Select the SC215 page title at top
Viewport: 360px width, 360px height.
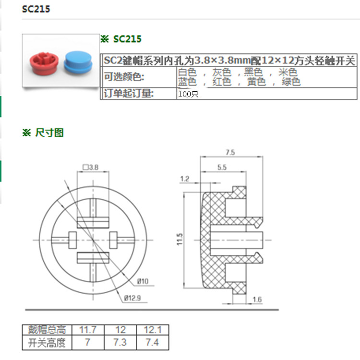coord(36,9)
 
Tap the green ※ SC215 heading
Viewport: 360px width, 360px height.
coord(121,39)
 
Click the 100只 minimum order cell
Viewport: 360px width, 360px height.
coord(188,94)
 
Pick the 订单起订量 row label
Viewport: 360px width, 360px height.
coord(129,94)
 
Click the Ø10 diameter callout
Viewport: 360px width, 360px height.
coord(143,280)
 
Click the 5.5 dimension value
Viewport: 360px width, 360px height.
coord(222,168)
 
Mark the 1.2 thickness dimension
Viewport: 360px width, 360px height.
coord(185,179)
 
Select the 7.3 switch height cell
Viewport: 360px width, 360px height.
coord(120,343)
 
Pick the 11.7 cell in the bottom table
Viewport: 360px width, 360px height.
coord(88,330)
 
